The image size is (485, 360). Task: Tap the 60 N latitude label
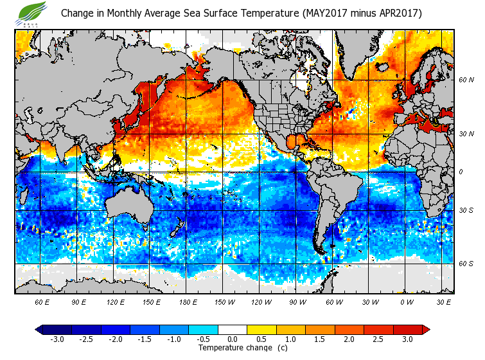[x=466, y=80]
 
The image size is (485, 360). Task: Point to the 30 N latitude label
[x=466, y=134]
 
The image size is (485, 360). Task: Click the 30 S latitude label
[x=466, y=210]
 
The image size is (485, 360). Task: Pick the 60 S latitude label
[x=466, y=264]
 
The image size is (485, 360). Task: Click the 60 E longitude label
[x=42, y=301]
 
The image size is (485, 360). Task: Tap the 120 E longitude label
[x=115, y=301]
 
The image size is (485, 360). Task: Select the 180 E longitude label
[x=188, y=301]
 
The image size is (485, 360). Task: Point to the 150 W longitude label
[x=224, y=301]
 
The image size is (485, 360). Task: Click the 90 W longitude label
[x=297, y=301]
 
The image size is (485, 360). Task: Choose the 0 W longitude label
[x=406, y=301]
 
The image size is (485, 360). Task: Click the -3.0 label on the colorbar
[x=57, y=339]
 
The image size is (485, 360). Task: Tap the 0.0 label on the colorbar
[x=233, y=339]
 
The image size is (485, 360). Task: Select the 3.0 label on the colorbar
[x=408, y=339]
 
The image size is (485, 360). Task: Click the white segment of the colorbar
[x=233, y=330]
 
